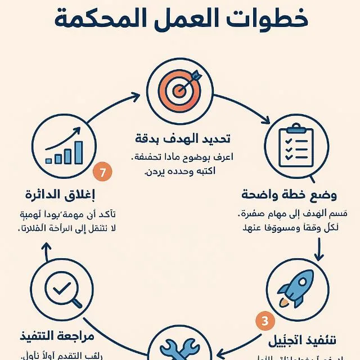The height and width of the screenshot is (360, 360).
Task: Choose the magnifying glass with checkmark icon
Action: point(62,291)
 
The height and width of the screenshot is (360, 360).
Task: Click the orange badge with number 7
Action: point(102,173)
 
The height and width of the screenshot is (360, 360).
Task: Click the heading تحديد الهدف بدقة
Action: point(183,138)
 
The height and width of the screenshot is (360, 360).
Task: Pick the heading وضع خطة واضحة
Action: point(289,195)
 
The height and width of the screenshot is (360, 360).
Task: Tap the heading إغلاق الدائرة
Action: point(60,195)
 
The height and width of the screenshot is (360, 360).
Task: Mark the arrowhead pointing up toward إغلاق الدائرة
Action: point(46,256)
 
